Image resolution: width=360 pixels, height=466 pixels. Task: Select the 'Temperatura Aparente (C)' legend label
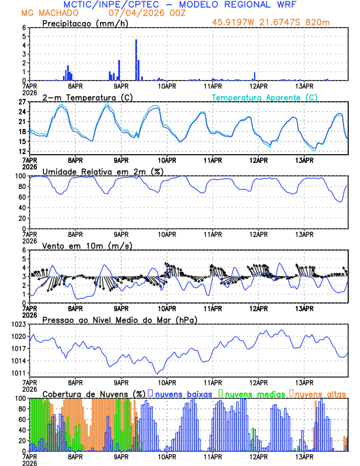coord(265,97)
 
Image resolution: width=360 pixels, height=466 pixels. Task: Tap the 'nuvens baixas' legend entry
coord(183,393)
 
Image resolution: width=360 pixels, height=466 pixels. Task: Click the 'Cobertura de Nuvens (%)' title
coord(94,393)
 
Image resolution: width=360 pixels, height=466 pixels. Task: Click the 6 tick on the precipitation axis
coord(24,28)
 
